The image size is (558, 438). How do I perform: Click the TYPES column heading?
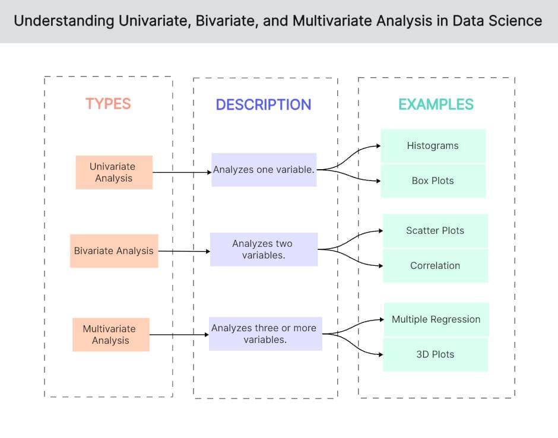pos(107,104)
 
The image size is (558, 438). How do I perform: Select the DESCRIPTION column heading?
pos(263,104)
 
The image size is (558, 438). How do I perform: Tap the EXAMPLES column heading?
pos(436,104)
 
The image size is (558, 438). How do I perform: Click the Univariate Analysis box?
pos(113,172)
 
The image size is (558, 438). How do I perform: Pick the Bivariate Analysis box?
pos(113,250)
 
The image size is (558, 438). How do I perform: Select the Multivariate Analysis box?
pos(110,334)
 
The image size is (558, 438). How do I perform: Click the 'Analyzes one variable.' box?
pos(264,170)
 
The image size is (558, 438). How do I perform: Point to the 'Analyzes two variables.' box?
pos(264,249)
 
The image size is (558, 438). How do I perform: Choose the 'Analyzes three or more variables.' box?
pos(265,334)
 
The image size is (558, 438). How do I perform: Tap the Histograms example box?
pos(433,145)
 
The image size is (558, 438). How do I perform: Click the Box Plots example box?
pos(433,180)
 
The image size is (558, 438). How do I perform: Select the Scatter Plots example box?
pos(435,230)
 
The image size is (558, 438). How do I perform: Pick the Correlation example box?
pos(435,265)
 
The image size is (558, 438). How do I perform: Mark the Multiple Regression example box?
pos(436,319)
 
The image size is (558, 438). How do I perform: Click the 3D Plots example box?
pos(435,354)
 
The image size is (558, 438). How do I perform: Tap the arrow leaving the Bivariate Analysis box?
pos(184,251)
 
